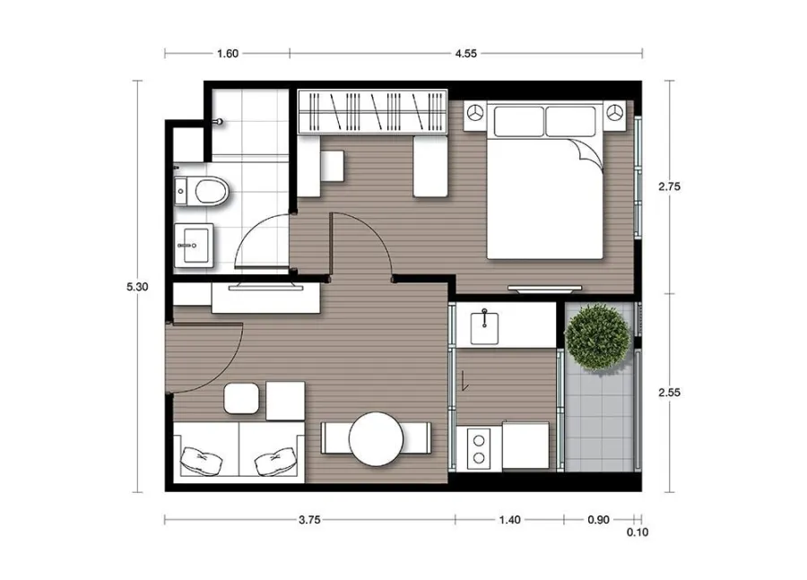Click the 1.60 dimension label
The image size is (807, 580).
228,54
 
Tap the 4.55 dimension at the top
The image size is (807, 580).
465,54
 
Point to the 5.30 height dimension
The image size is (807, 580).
137,287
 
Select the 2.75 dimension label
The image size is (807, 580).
669,186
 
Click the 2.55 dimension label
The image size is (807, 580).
669,393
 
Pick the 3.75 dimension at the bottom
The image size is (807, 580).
310,520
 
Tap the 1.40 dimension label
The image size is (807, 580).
509,520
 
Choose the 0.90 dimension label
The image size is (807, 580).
599,520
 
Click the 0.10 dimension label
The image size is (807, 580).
638,532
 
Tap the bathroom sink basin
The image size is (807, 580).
194,246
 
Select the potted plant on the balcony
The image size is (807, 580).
597,337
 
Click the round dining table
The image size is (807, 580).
376,439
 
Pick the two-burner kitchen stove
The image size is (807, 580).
479,448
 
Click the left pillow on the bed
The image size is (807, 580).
519,121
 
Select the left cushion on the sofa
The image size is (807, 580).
201,461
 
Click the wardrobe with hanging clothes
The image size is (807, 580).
372,112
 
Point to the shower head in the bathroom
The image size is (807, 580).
219,122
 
